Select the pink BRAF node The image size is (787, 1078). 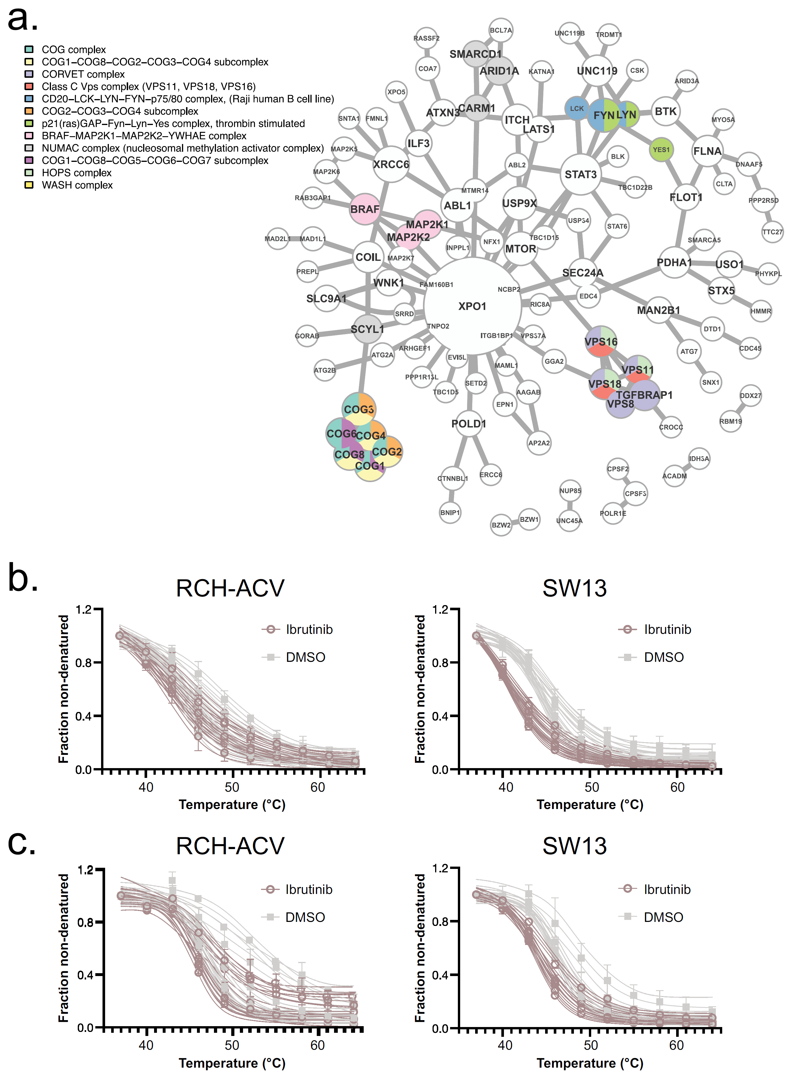(x=365, y=209)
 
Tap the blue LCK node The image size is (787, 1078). (x=576, y=109)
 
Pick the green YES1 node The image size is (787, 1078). (x=661, y=149)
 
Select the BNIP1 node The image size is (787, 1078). (x=450, y=513)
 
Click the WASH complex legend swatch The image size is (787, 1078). (x=29, y=185)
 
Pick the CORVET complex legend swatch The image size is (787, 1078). (x=29, y=74)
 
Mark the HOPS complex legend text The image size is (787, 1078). (x=76, y=173)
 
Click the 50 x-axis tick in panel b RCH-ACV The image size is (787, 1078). (x=232, y=787)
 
